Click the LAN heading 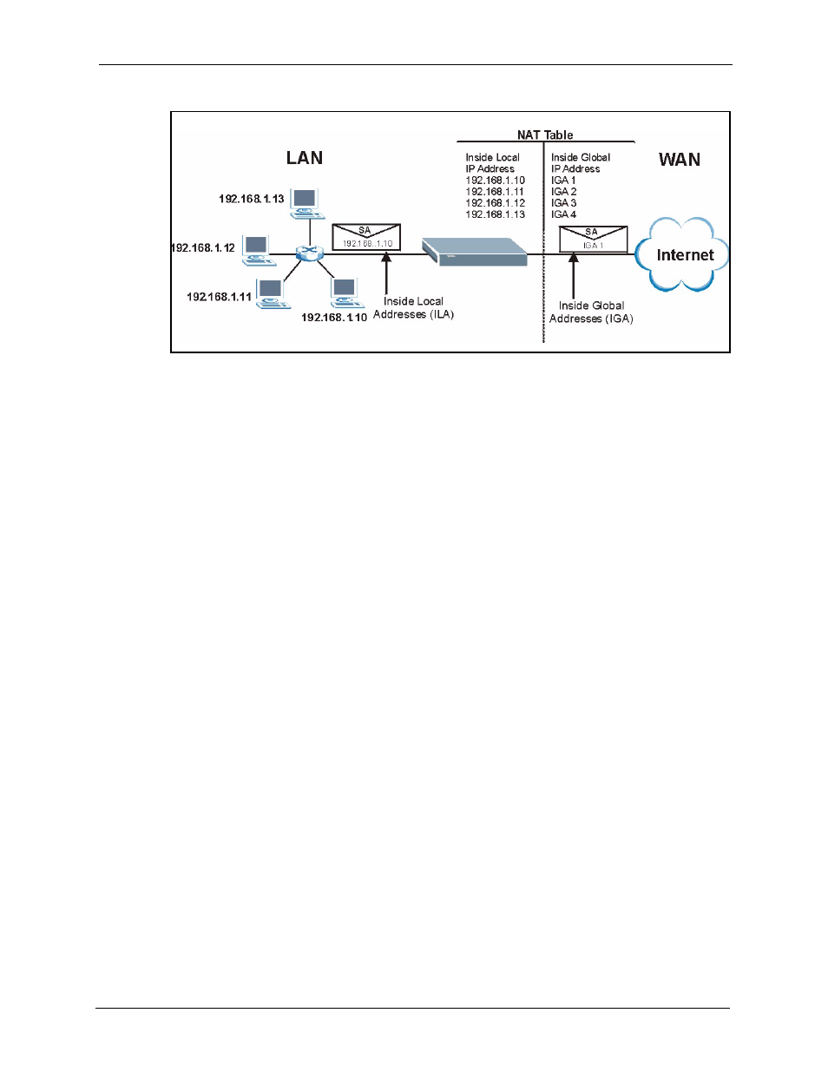(x=305, y=158)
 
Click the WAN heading (x=679, y=160)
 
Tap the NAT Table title (x=545, y=135)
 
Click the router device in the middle (x=475, y=252)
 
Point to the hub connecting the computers (x=310, y=253)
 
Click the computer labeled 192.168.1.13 (x=306, y=204)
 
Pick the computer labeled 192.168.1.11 (x=273, y=294)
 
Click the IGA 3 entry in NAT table (x=563, y=203)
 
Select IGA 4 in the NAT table (x=563, y=214)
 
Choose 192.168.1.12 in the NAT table (x=495, y=203)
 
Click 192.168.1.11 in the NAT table (x=495, y=192)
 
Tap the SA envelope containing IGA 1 (x=594, y=239)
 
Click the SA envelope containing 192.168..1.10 (x=366, y=237)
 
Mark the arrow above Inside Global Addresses (x=573, y=275)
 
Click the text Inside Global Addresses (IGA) (x=591, y=312)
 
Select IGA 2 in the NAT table (x=563, y=192)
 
